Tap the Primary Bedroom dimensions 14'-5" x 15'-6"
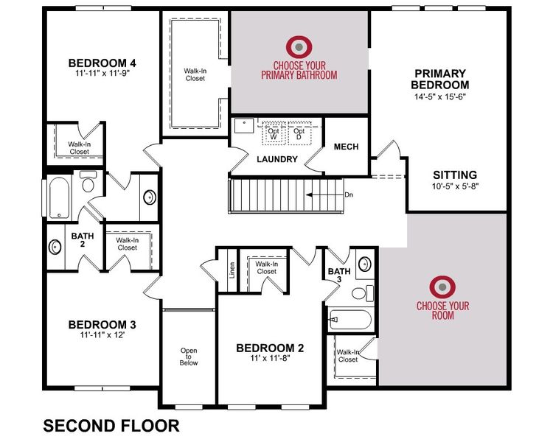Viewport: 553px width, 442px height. pos(439,96)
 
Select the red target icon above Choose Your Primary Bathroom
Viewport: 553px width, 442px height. pos(299,46)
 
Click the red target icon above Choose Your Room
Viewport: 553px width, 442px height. pos(442,286)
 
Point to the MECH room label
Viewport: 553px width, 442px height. pos(346,147)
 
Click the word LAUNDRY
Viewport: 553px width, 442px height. pos(277,159)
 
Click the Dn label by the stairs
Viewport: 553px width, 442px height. pos(349,195)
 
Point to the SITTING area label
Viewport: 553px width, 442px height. pos(454,175)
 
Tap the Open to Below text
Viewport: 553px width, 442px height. pos(189,356)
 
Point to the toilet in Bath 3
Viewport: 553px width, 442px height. pos(361,292)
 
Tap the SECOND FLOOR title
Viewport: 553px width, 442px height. pos(111,426)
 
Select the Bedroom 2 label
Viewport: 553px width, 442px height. pos(270,348)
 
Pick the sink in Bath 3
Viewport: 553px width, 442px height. pos(364,263)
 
